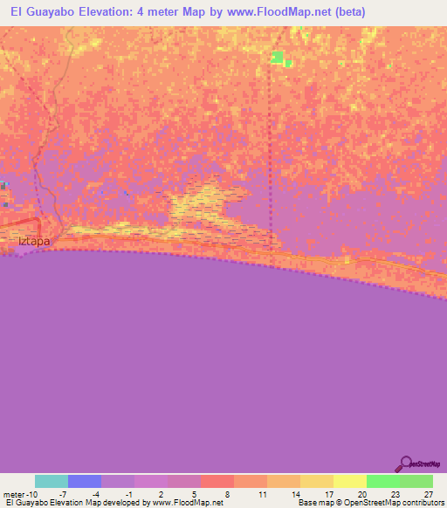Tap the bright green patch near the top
tap(278, 58)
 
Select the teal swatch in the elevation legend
tap(52, 481)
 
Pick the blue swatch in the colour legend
tap(85, 481)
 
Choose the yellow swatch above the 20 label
tap(350, 481)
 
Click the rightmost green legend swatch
tap(416, 481)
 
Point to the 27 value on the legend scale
tap(427, 493)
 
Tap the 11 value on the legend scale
tap(261, 493)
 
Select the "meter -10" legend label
tap(19, 493)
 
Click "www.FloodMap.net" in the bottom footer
tap(187, 503)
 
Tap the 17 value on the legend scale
tap(327, 493)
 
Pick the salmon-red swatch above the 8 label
tap(217, 481)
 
